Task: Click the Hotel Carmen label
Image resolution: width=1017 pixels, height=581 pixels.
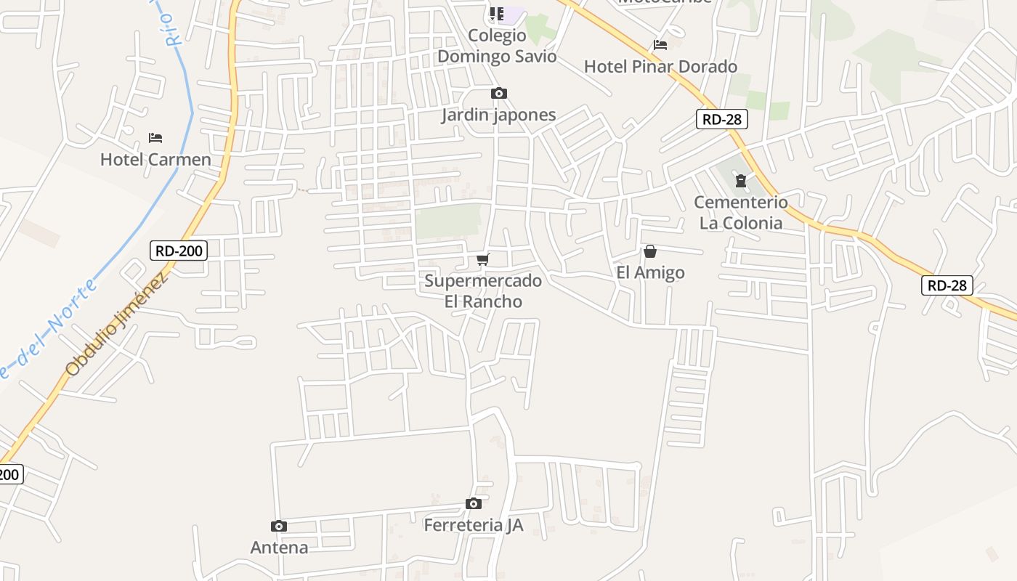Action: coord(155,160)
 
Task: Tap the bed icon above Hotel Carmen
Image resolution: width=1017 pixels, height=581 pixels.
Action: coord(155,137)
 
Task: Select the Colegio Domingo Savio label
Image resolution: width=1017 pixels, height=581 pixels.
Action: coord(497,46)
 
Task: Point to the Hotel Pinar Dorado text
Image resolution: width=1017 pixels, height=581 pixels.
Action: coord(660,67)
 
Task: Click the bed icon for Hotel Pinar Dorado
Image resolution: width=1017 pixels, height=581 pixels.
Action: coord(660,45)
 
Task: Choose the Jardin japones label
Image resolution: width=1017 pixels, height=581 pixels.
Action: coord(498,115)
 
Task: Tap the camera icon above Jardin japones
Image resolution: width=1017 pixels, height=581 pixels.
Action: coord(498,93)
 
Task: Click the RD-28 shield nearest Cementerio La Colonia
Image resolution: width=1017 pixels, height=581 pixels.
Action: coord(721,119)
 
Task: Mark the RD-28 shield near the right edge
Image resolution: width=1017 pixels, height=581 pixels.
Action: coord(947,285)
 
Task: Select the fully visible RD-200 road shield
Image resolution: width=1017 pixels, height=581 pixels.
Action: coord(179,251)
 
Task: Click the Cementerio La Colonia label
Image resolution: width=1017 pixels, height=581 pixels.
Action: coord(741,212)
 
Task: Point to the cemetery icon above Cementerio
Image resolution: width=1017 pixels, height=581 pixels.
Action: coord(740,181)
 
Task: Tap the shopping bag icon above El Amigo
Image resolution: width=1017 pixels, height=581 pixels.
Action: coord(650,251)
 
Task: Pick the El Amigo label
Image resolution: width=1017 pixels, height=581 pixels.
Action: coord(650,272)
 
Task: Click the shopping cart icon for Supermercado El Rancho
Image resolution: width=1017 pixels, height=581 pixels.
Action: coord(483,259)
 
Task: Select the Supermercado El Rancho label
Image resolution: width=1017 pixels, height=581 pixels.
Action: coord(483,290)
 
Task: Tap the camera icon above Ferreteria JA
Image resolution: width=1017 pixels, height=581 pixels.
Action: coord(473,503)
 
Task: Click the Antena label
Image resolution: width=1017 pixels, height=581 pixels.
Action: coord(279,548)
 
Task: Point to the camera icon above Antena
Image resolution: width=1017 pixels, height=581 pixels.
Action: coord(278,526)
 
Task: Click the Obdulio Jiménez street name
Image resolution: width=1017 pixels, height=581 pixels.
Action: coord(118,322)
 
